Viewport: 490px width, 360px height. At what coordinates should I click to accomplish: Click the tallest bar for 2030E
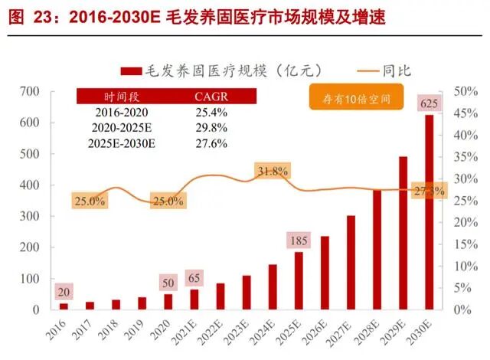tap(430, 214)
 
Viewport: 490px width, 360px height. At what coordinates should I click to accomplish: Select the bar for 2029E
tap(403, 234)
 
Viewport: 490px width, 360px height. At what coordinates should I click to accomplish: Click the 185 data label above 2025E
tap(299, 241)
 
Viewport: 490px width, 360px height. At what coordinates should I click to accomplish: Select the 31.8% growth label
tap(273, 172)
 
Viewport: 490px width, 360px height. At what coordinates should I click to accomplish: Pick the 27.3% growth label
tap(427, 191)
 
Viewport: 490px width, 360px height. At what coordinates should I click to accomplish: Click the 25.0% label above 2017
tap(90, 201)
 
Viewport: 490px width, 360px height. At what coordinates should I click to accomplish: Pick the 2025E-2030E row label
tap(122, 142)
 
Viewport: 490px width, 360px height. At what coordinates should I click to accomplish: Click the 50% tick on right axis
tap(465, 91)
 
